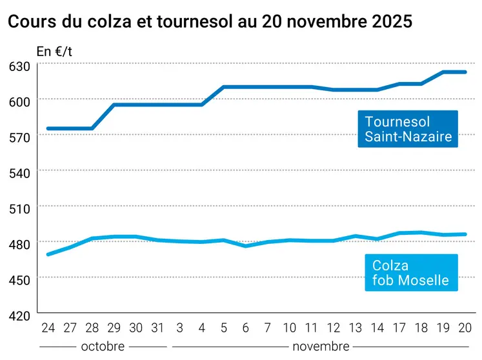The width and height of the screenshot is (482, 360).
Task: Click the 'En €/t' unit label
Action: [55, 52]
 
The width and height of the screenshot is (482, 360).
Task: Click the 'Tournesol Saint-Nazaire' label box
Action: [408, 129]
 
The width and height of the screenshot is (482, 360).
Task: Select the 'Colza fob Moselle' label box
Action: [410, 273]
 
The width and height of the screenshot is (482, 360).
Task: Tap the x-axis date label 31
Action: [157, 328]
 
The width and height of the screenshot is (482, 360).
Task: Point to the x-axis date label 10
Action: [289, 328]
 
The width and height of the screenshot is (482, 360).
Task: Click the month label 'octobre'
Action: [103, 346]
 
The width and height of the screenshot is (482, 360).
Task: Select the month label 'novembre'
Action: [321, 346]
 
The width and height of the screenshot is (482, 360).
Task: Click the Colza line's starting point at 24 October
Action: [48, 254]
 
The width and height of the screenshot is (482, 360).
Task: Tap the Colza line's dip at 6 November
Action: [245, 246]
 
